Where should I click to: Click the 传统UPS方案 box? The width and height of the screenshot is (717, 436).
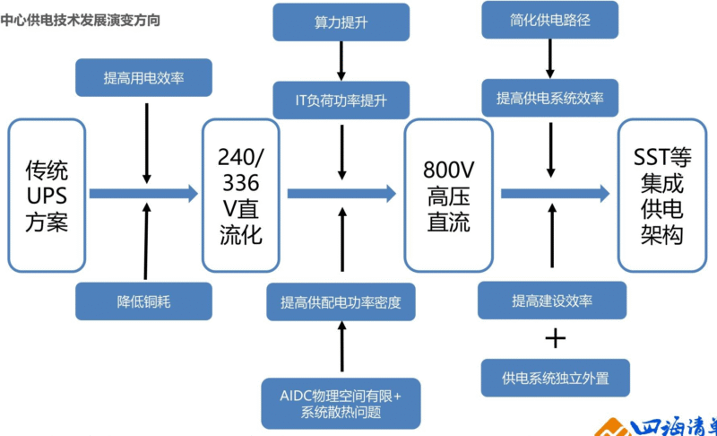pos(47,196)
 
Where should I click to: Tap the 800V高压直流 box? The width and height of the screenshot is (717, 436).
pos(448,196)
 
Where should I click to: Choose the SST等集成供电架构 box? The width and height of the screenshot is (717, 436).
pos(662,196)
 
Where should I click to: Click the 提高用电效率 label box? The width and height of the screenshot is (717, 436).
pos(143,77)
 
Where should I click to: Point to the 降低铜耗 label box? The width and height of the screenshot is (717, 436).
pos(143,301)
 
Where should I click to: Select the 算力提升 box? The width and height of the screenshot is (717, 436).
pos(341,22)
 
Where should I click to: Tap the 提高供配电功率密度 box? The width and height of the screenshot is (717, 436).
pos(341,301)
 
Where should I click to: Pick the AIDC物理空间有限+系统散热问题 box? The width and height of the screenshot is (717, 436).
pos(341,404)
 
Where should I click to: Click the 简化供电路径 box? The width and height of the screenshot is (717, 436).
pos(549,20)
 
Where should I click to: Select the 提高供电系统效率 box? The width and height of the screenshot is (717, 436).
pos(550,97)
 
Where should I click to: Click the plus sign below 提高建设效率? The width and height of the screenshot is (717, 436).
pos(556,338)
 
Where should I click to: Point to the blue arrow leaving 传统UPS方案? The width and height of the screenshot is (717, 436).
pos(143,192)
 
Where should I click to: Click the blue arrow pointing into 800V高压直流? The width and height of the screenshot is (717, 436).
pos(341,192)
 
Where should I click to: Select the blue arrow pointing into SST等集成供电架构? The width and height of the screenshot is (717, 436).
pos(555,192)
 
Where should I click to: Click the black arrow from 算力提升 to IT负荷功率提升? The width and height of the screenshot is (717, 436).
pos(341,61)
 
